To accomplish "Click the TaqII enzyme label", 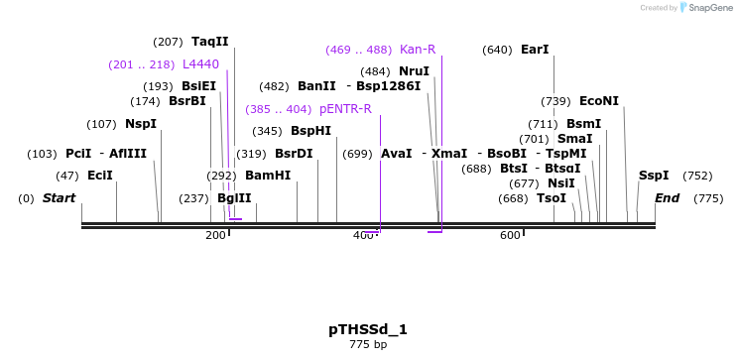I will pyautogui.click(x=210, y=42).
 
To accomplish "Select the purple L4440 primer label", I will pyautogui.click(x=200, y=64).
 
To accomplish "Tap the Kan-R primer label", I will pyautogui.click(x=417, y=50).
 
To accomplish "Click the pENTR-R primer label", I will pyautogui.click(x=345, y=109).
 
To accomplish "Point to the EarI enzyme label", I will pyautogui.click(x=535, y=50).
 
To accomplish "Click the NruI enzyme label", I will pyautogui.click(x=414, y=71).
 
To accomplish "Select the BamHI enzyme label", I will pyautogui.click(x=268, y=176).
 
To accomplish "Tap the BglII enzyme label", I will pyautogui.click(x=234, y=198).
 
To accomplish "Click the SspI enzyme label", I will pyautogui.click(x=654, y=176).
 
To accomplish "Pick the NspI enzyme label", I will pyautogui.click(x=141, y=124).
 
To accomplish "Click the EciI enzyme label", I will pyautogui.click(x=100, y=176).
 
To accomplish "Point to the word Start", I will pyautogui.click(x=59, y=198).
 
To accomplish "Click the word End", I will pyautogui.click(x=668, y=198).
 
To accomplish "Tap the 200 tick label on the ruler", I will pyautogui.click(x=215, y=235).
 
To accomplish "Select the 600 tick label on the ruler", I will pyautogui.click(x=510, y=235).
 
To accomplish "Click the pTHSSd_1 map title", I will pyautogui.click(x=368, y=328).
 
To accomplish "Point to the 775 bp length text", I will pyautogui.click(x=368, y=345).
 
